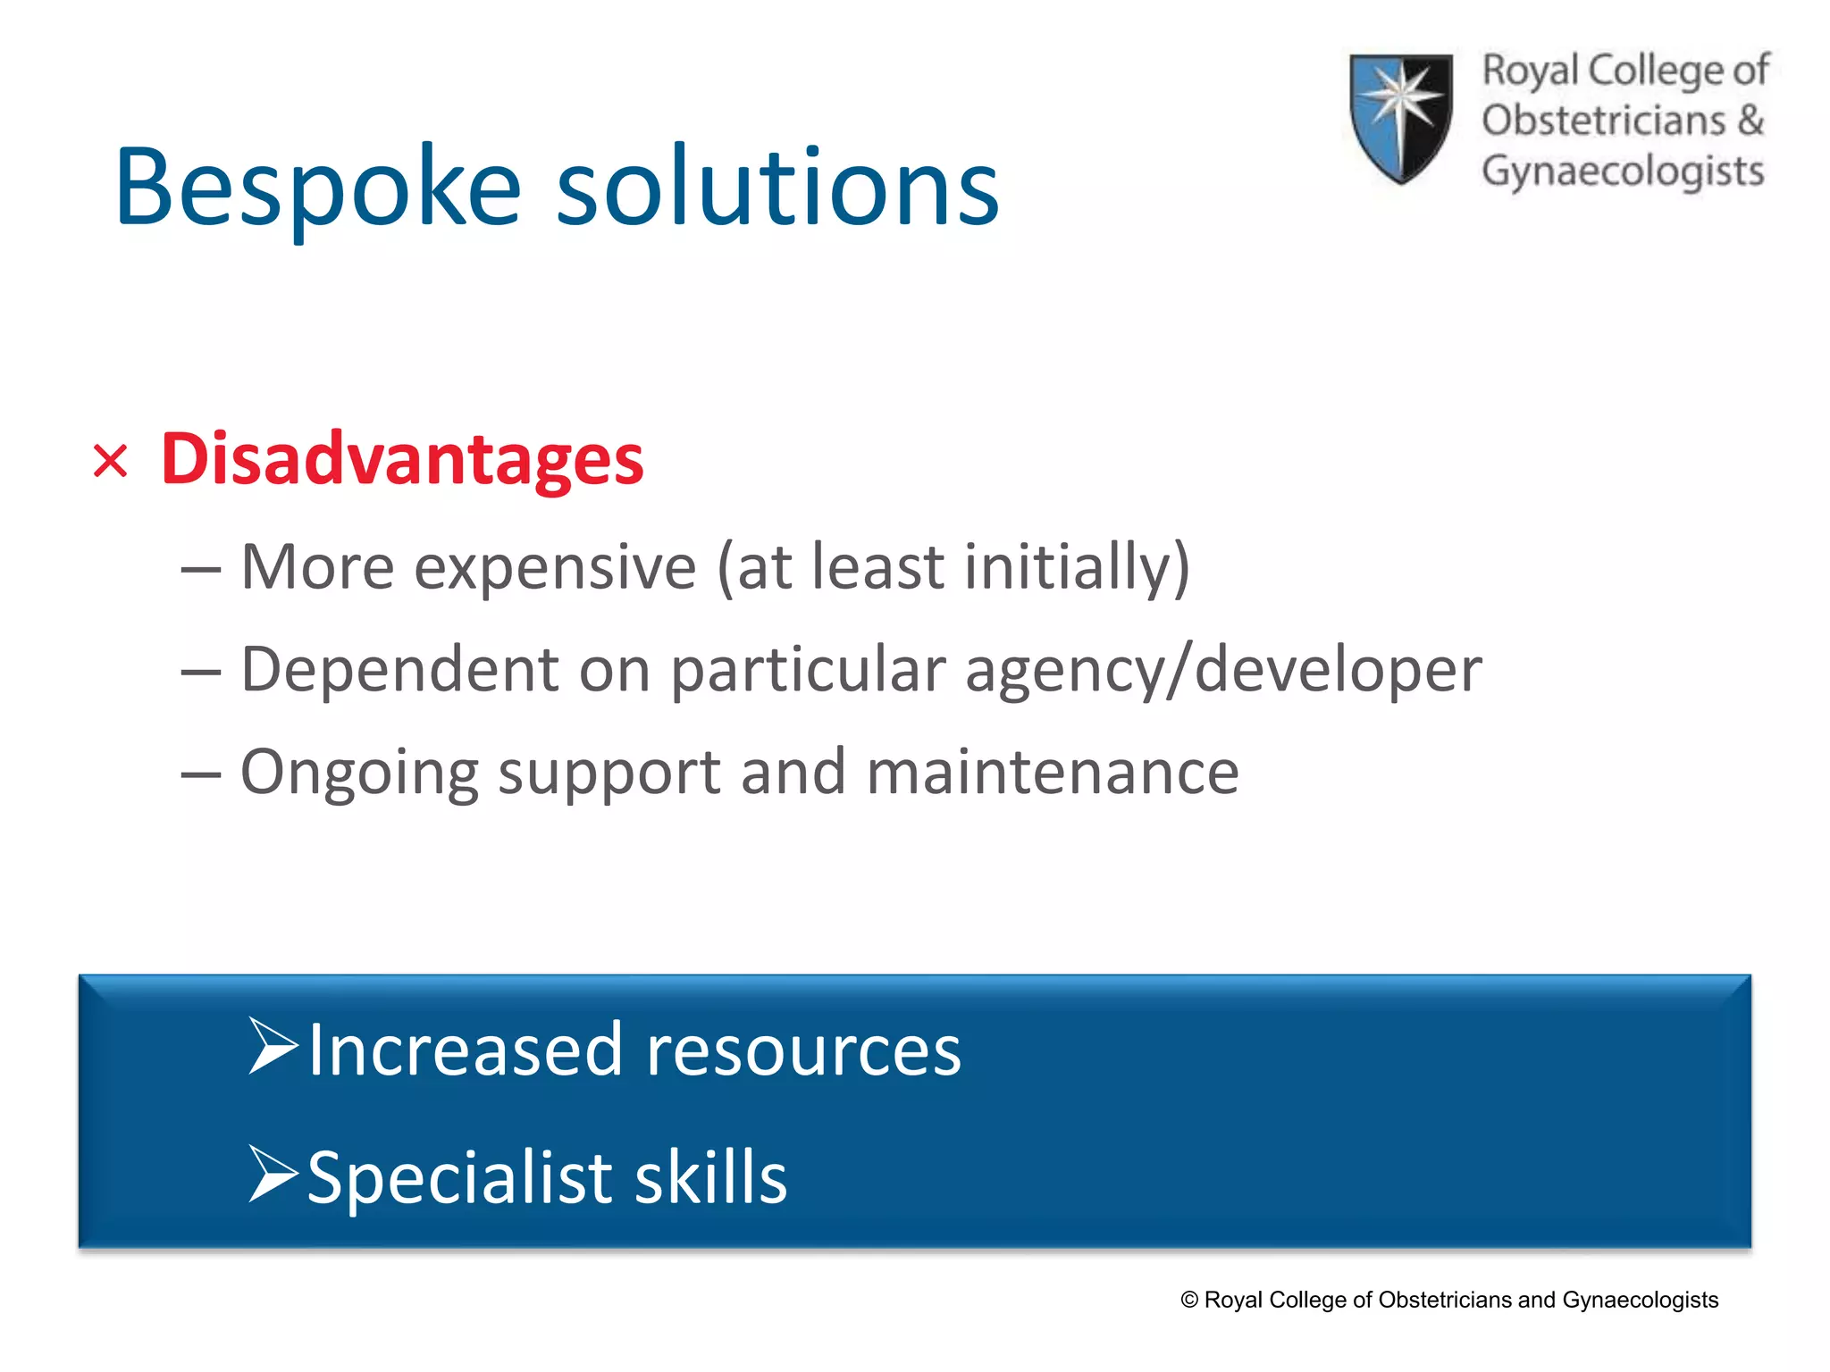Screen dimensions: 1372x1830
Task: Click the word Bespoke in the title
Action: (318, 188)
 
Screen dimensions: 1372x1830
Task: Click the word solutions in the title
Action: (777, 188)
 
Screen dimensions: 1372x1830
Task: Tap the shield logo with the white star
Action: (1400, 116)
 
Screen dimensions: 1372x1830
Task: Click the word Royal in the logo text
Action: (1530, 71)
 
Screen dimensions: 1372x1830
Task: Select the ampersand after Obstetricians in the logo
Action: (1750, 120)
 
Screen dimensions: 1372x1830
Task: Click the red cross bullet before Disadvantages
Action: (111, 462)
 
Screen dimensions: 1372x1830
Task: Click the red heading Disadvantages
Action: (402, 459)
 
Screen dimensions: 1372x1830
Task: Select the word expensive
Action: (554, 568)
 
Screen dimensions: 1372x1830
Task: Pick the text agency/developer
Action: (1223, 670)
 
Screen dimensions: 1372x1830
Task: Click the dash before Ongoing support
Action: (200, 774)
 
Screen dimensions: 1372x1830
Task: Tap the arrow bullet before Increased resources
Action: (273, 1046)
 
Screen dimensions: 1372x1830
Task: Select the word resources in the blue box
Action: (803, 1050)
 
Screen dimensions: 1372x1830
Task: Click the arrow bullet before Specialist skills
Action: (273, 1173)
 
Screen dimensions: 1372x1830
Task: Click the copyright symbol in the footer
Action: (1189, 1300)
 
